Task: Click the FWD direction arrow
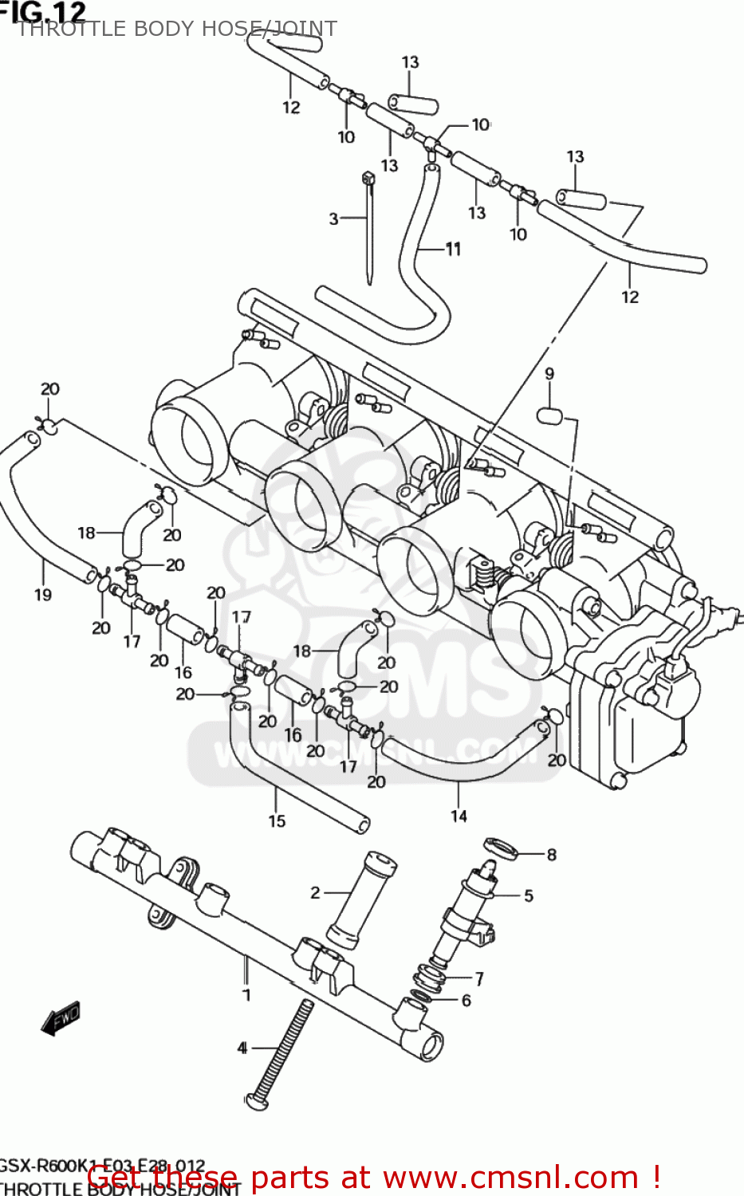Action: tap(61, 1019)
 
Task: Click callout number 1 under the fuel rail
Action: tap(246, 995)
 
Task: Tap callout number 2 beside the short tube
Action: tap(315, 893)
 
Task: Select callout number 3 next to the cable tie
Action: tap(333, 218)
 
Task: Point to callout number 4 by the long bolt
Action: tap(242, 1048)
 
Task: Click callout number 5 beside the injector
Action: tap(528, 895)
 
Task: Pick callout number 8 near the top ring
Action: tap(551, 855)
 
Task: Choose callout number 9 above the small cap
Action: tap(549, 373)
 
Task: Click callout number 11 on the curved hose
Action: tap(453, 250)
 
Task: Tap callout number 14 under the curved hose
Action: tap(459, 816)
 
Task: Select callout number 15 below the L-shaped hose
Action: tap(277, 820)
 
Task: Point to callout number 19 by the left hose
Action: tap(43, 594)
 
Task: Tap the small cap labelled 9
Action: tap(549, 415)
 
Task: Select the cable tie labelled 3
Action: tap(368, 231)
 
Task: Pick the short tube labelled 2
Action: tap(360, 901)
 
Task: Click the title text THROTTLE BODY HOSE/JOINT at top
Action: tap(177, 29)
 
